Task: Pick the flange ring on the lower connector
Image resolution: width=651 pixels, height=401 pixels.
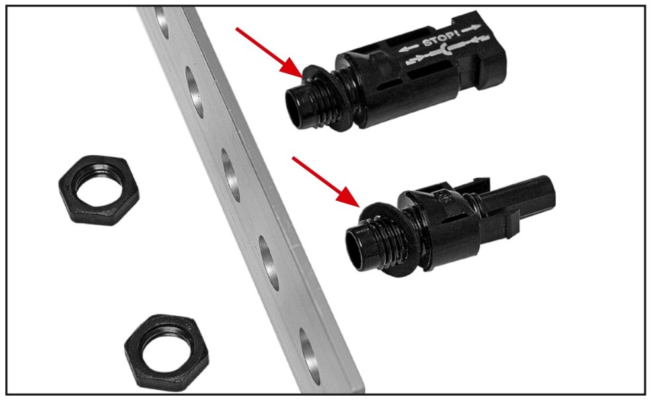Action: pyautogui.click(x=387, y=240)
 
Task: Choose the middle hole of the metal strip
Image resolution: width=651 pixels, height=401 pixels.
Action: pyautogui.click(x=231, y=176)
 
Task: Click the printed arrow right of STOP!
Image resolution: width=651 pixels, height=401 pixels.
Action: pyautogui.click(x=471, y=30)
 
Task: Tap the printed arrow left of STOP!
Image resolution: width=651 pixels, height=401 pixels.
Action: pyautogui.click(x=408, y=48)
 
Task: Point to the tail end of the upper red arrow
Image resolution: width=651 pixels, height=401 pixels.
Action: pyautogui.click(x=236, y=28)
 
